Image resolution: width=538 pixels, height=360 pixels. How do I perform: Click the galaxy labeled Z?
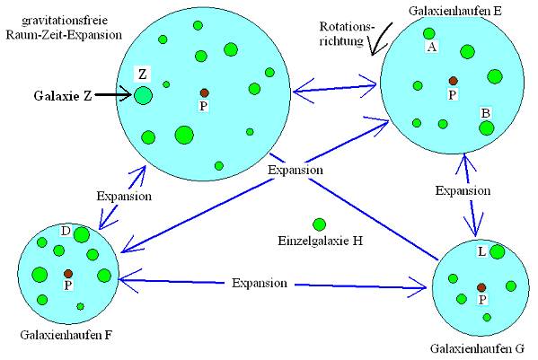143,95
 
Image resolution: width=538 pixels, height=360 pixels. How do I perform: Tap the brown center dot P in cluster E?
454,81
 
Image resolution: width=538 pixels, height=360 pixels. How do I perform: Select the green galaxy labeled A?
429,33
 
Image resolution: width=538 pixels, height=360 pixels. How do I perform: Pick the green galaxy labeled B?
486,128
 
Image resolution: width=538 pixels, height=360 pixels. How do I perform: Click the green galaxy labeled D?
82,235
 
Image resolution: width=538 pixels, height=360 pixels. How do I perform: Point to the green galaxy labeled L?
498,252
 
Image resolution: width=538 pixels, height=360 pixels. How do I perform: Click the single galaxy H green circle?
320,224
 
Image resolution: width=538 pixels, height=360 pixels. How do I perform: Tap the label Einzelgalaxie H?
320,241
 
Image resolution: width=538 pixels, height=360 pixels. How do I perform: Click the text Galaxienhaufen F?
66,335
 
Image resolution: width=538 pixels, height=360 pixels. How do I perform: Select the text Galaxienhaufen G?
477,349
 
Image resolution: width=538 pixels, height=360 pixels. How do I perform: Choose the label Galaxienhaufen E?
455,11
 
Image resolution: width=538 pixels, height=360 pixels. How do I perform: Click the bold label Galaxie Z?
63,96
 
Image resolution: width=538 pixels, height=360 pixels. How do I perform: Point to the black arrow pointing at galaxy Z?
113,94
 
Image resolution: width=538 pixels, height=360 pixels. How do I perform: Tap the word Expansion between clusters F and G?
260,283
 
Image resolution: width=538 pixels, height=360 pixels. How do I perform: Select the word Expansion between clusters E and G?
463,190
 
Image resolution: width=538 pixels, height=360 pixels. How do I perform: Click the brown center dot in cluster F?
68,274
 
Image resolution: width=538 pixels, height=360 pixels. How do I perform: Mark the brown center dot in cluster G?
481,287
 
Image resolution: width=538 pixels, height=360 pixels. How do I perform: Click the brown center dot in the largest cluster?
205,92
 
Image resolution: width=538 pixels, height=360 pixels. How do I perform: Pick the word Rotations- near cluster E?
347,26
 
